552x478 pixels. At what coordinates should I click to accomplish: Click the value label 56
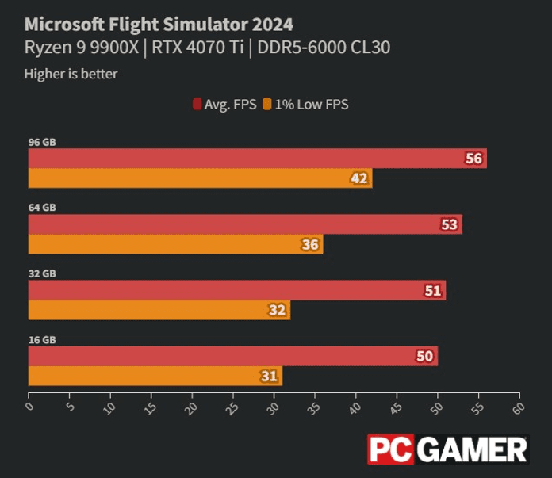[x=474, y=159]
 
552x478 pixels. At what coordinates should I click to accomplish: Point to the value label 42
[x=359, y=179]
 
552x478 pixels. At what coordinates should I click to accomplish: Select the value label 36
[x=310, y=245]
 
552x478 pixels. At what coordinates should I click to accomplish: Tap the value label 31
[x=270, y=377]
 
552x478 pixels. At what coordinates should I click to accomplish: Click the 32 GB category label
[x=42, y=273]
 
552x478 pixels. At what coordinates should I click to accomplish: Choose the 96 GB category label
[x=42, y=142]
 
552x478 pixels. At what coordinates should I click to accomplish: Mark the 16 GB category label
[x=42, y=339]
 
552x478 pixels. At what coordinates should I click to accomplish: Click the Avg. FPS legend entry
[x=224, y=105]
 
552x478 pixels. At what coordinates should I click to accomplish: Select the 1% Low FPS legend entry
[x=306, y=105]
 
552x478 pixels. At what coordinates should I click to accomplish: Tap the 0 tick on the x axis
[x=29, y=407]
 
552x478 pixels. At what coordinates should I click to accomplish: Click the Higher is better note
[x=71, y=75]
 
